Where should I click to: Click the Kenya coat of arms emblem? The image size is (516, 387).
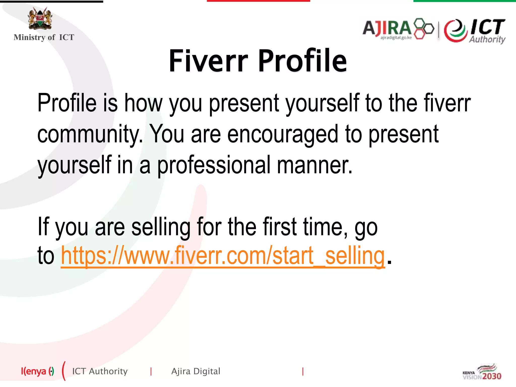[40, 18]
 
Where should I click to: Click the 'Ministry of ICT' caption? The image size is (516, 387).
[44, 37]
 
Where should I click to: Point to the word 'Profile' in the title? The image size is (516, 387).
[302, 61]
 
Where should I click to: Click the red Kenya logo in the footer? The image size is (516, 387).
[37, 371]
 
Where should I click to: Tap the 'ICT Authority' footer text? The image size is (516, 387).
[100, 371]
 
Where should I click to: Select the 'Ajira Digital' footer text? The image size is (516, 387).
[196, 371]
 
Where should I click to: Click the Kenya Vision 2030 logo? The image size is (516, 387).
[482, 372]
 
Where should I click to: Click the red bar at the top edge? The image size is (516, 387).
[258, 1]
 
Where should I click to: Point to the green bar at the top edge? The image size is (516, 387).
[465, 1]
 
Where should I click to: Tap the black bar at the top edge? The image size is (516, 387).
[51, 1]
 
